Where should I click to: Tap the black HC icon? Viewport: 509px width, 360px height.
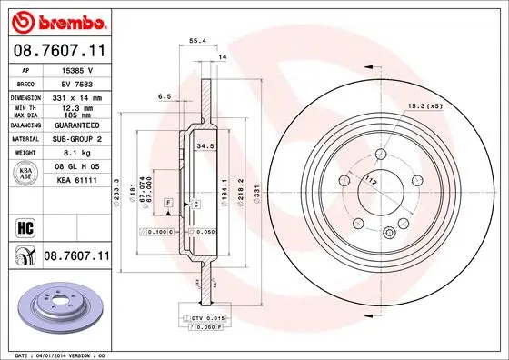pos(25,226)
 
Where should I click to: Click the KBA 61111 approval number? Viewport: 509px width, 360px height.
pos(76,181)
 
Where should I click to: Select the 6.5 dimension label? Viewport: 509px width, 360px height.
pos(165,95)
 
